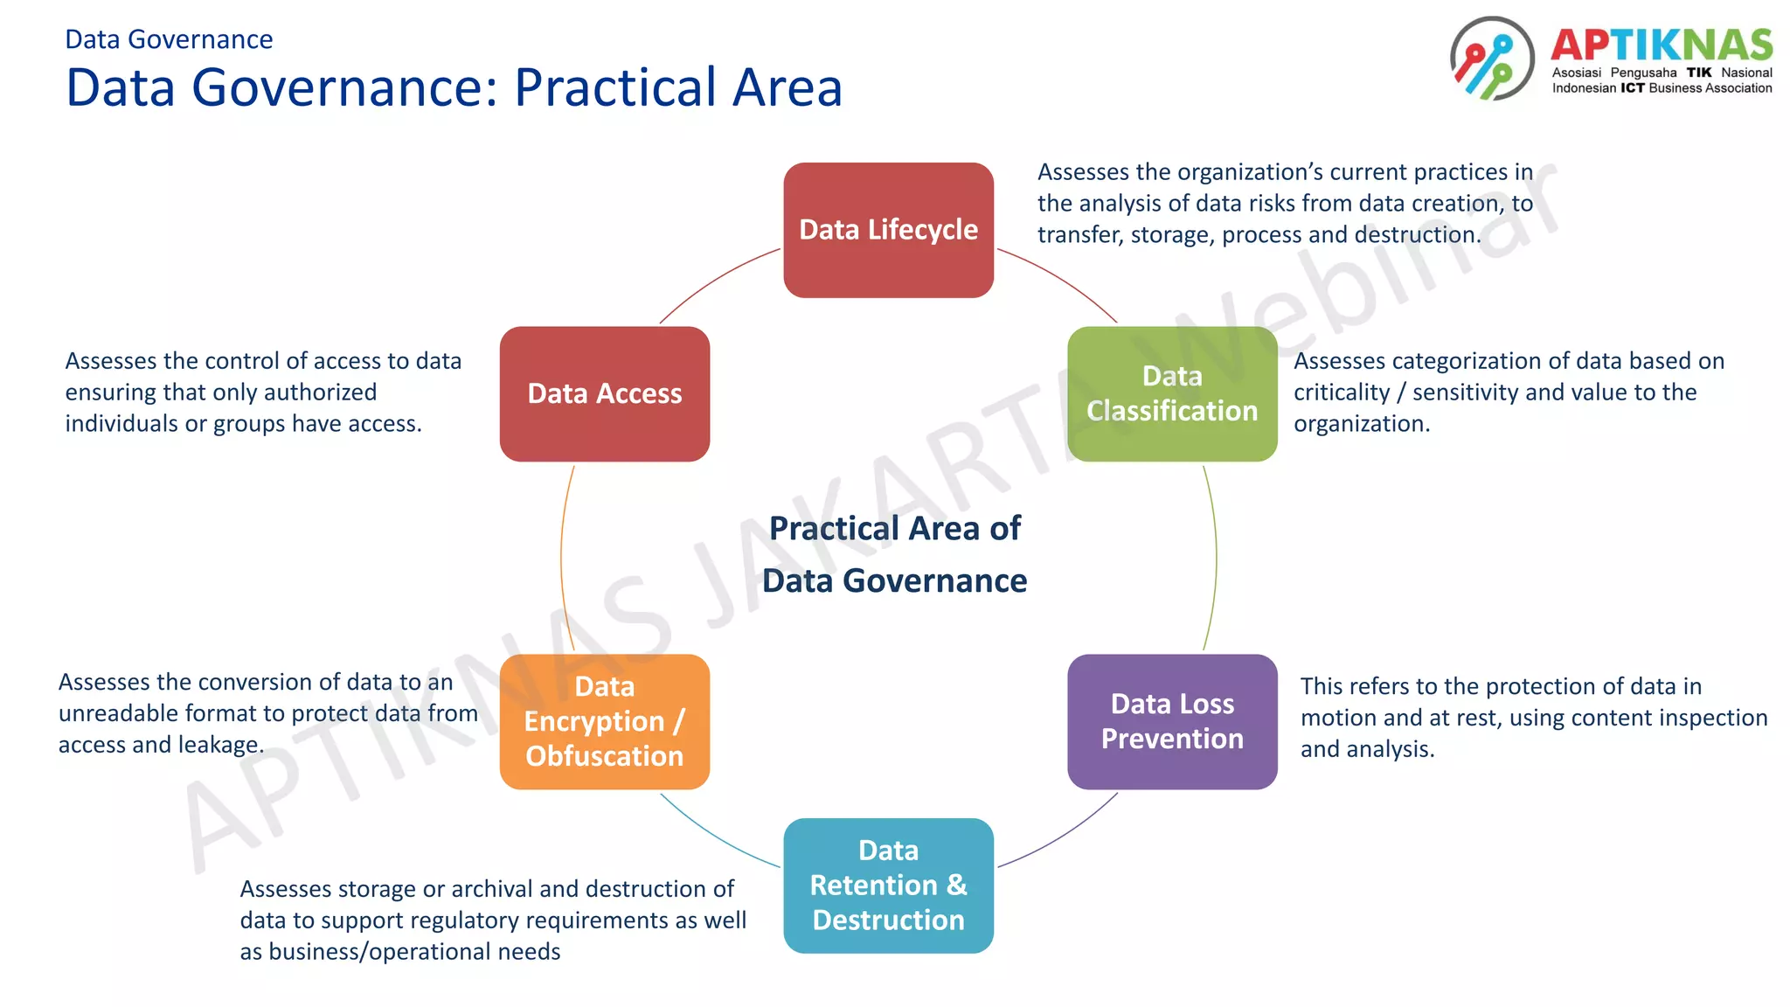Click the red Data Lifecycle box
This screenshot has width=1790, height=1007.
point(888,230)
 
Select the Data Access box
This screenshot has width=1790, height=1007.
point(604,393)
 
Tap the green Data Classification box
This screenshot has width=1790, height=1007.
point(1171,393)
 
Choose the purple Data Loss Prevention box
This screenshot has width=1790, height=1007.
point(1171,721)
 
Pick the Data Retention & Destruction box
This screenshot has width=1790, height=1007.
point(888,885)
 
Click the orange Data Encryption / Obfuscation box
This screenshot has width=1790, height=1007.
point(604,721)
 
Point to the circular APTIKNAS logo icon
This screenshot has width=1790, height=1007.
point(1491,59)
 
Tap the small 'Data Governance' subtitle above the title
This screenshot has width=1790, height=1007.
point(169,39)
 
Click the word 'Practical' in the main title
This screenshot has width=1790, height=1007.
point(616,87)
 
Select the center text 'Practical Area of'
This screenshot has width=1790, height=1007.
point(894,529)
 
